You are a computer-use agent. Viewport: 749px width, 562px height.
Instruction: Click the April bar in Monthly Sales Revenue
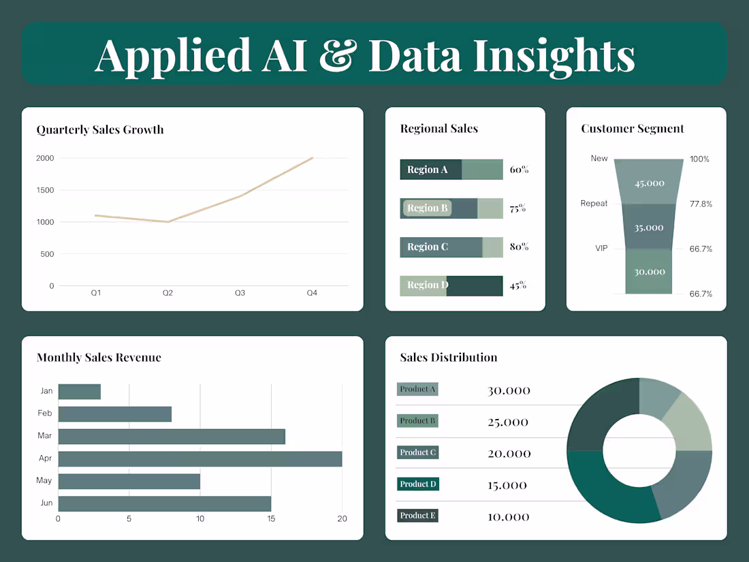click(200, 458)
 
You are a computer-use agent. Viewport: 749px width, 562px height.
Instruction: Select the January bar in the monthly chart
click(80, 392)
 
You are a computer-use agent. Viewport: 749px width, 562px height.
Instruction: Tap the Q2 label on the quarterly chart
click(168, 293)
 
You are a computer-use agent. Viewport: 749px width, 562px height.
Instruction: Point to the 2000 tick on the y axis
click(46, 158)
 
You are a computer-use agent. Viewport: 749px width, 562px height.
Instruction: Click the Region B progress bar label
click(428, 208)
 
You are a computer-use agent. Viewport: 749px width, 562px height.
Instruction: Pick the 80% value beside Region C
click(519, 247)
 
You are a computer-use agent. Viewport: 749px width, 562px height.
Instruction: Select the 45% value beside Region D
click(518, 285)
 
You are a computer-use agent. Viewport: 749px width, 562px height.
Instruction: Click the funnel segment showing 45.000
click(649, 183)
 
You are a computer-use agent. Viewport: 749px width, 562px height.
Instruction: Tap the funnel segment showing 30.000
click(649, 271)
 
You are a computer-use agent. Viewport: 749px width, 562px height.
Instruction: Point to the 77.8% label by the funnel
click(701, 204)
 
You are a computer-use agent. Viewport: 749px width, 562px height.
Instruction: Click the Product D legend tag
click(417, 484)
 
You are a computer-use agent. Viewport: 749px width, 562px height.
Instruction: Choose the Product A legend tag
click(417, 389)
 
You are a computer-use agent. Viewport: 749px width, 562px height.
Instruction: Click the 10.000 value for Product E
click(509, 517)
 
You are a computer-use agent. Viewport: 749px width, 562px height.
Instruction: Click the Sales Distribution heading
click(449, 358)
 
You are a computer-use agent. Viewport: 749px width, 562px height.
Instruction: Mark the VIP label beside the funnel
click(601, 249)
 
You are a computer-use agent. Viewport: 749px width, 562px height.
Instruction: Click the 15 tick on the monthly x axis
click(271, 519)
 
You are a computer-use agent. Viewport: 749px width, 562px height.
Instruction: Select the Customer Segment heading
click(633, 129)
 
